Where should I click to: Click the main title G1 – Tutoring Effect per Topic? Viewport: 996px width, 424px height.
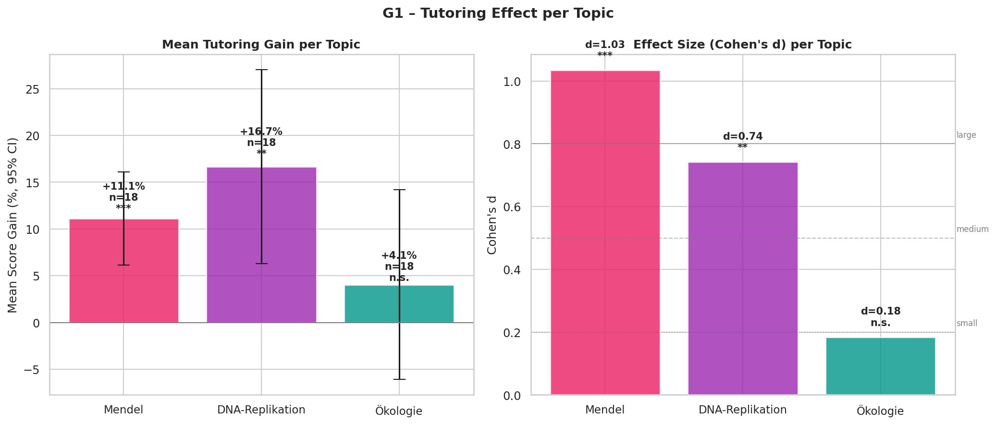click(x=498, y=13)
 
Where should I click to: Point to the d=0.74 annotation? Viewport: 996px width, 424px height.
click(x=742, y=137)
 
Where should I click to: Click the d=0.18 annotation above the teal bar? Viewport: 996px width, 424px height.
click(x=880, y=312)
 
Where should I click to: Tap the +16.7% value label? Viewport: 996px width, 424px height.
click(x=261, y=132)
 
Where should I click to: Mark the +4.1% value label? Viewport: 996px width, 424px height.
click(x=399, y=256)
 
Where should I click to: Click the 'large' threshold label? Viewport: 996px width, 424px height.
click(x=966, y=135)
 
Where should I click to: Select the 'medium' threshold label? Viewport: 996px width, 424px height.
click(x=972, y=230)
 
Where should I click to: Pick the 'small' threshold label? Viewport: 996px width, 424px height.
click(x=966, y=324)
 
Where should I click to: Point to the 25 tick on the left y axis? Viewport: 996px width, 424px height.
click(x=33, y=90)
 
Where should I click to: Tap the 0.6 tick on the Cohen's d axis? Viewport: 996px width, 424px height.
click(x=512, y=207)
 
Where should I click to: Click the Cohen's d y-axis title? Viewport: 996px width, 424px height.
click(x=492, y=225)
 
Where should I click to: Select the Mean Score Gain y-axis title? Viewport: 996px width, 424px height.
click(x=13, y=225)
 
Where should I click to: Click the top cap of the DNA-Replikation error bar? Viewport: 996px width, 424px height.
click(x=261, y=70)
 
